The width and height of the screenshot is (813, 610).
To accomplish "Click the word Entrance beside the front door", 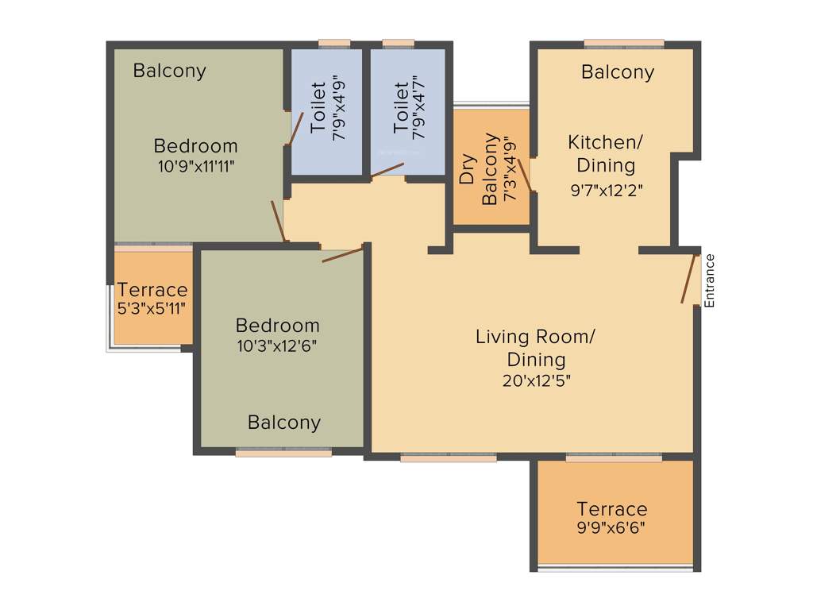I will (x=711, y=280).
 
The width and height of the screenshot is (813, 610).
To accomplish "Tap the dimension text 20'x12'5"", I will (x=537, y=380).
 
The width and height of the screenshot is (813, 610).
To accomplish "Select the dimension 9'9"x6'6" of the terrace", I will (x=611, y=527).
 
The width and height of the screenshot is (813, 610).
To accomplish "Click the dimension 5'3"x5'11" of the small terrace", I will (x=152, y=308).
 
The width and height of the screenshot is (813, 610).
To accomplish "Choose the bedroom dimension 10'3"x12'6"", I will (x=277, y=346).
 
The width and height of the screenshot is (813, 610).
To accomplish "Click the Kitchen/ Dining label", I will (x=606, y=153).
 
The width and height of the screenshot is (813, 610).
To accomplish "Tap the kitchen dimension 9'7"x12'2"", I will (x=606, y=190).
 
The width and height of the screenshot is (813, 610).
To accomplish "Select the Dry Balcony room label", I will (x=479, y=169).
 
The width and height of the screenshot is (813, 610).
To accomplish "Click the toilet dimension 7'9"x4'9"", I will (x=340, y=111).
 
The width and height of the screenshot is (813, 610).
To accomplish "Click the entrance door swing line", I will (x=688, y=279).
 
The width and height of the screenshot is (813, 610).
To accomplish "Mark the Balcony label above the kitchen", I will (x=618, y=72).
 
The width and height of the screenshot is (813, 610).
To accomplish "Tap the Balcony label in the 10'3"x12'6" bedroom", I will (x=284, y=423).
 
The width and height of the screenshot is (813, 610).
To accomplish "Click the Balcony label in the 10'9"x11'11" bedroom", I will (x=169, y=71).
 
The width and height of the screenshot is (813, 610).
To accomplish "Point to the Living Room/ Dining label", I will (x=535, y=347).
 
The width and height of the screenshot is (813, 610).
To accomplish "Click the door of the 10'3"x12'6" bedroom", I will (x=342, y=254).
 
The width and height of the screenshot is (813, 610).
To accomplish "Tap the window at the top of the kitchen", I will (x=624, y=43).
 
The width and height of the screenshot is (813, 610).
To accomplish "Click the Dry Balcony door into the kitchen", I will (x=525, y=175).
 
